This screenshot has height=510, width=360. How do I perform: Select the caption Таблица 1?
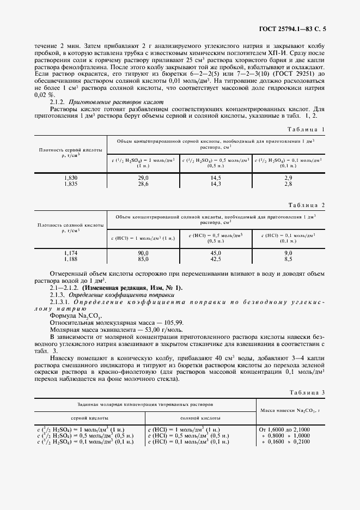[306, 129]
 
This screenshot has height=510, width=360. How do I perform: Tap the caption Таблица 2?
[306, 205]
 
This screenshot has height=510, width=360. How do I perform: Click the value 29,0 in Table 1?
[143, 178]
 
